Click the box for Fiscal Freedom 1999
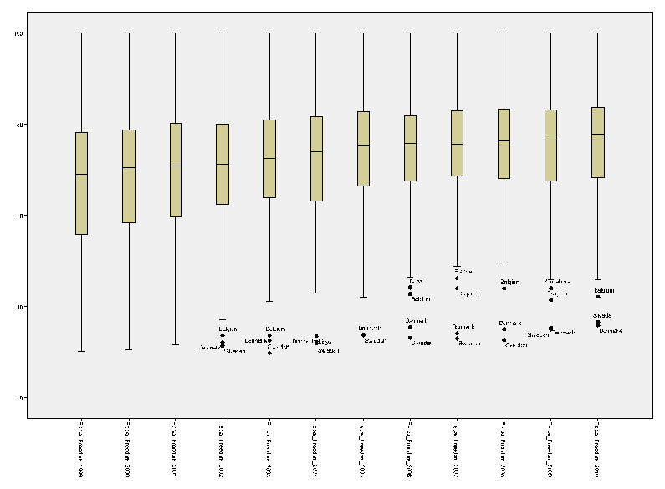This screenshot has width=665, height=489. click(81, 183)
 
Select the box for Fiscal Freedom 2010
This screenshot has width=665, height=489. click(597, 142)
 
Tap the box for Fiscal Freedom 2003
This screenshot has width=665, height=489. click(269, 158)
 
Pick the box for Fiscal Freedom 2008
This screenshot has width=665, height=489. click(504, 143)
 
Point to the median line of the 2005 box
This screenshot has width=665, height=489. click(363, 145)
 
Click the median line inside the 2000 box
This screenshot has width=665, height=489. click(128, 167)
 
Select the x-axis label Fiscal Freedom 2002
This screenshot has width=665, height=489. click(222, 447)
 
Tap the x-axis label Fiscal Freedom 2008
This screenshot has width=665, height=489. click(504, 447)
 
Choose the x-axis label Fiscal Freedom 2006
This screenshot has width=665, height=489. click(410, 447)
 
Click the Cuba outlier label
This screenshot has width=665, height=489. click(417, 281)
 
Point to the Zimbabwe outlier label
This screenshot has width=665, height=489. click(557, 282)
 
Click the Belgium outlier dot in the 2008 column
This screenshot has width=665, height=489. click(504, 288)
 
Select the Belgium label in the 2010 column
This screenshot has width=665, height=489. click(604, 291)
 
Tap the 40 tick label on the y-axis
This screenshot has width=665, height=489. click(19, 308)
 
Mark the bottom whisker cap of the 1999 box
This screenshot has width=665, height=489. click(81, 351)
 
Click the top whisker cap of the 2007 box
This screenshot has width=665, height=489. click(457, 33)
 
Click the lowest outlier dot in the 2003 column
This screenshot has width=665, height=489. click(269, 353)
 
